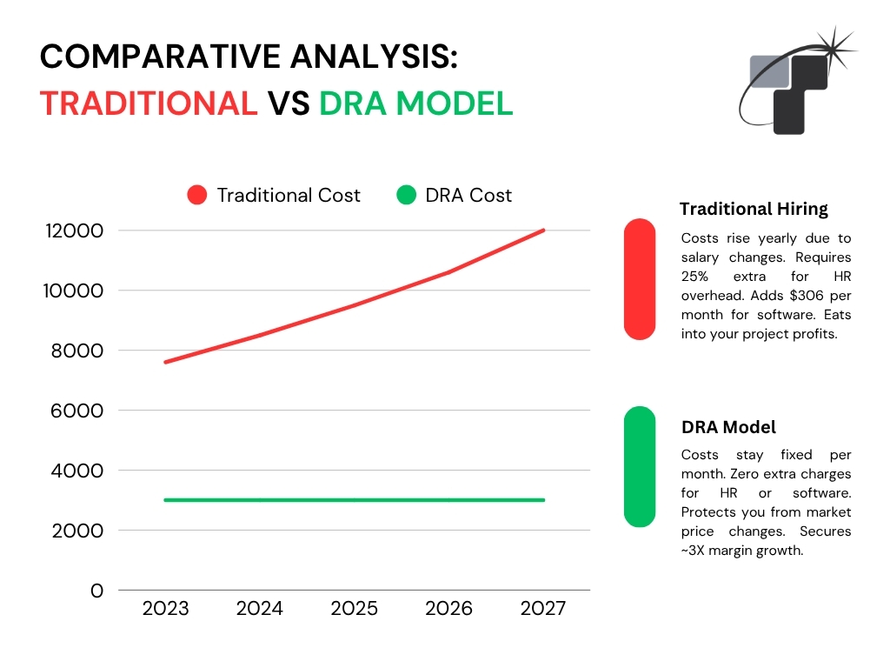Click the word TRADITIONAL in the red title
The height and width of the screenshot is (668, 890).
(x=149, y=103)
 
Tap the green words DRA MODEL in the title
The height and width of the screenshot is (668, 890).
(x=415, y=103)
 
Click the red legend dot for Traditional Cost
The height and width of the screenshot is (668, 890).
(x=197, y=195)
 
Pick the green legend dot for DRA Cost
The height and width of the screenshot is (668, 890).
(x=406, y=195)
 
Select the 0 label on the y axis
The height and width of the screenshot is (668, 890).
(x=97, y=591)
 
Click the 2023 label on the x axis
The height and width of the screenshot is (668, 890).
(x=165, y=608)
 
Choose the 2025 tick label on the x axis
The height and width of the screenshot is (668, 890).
(x=355, y=608)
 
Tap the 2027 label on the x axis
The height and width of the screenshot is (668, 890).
(x=543, y=608)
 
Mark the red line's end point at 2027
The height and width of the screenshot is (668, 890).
(x=543, y=230)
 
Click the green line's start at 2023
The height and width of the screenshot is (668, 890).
(x=166, y=500)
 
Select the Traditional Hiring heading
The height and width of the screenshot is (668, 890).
(x=754, y=209)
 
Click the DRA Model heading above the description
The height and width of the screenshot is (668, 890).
(x=728, y=427)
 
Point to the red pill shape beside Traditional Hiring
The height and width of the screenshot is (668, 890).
(x=639, y=278)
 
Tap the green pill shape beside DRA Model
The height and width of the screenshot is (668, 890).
(x=639, y=467)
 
